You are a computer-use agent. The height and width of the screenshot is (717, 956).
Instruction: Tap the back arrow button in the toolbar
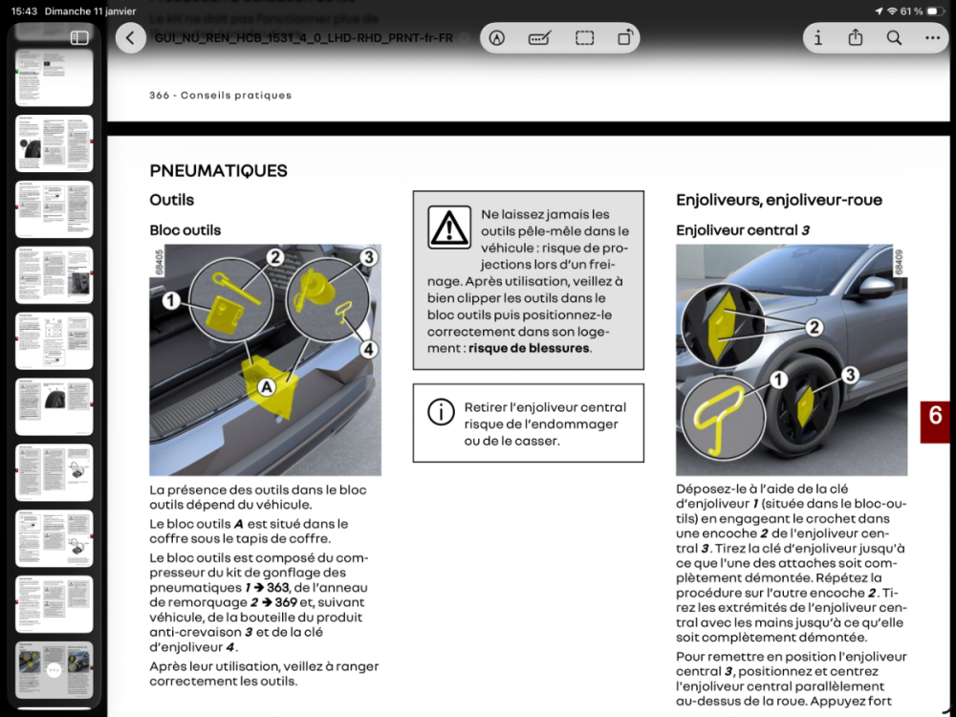(130, 38)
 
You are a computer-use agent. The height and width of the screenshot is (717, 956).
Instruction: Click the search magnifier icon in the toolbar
(894, 38)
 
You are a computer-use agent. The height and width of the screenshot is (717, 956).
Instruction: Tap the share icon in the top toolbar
(856, 38)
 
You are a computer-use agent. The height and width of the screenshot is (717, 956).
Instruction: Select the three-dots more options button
(932, 38)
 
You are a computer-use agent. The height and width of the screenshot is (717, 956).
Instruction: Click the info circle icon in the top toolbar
(817, 38)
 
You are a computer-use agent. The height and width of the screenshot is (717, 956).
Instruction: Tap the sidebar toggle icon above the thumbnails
(79, 38)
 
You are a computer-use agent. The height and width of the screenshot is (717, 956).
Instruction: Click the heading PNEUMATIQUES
(218, 171)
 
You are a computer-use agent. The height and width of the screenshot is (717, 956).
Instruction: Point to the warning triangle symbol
(448, 228)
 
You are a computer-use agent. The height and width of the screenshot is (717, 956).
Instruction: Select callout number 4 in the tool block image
(368, 349)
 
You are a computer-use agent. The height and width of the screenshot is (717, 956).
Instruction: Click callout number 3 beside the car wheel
(850, 375)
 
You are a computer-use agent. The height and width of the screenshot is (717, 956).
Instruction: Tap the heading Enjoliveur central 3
(743, 230)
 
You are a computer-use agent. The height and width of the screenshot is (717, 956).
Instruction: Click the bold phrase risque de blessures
(529, 349)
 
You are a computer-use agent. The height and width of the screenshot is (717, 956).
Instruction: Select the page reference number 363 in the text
(278, 587)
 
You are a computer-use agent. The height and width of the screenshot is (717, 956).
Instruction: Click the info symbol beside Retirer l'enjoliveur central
(441, 412)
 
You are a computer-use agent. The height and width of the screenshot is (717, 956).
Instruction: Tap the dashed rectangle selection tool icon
(584, 38)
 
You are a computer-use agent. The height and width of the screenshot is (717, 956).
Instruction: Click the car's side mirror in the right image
(875, 287)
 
